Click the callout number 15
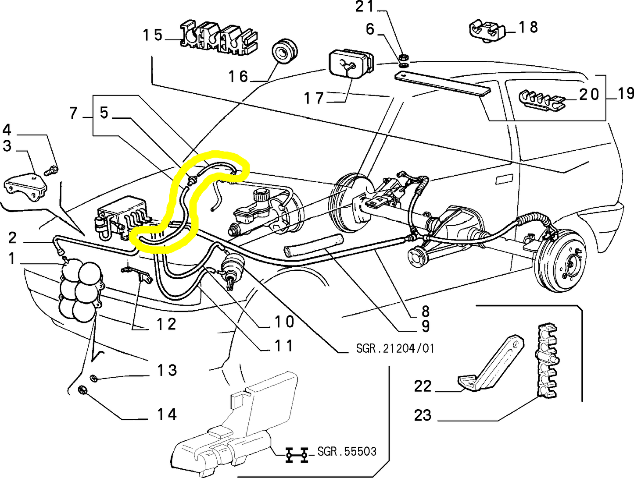153,35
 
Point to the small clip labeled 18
487,30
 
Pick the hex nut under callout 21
404,57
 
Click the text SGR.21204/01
395,348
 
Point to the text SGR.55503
347,451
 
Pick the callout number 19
625,93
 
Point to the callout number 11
283,346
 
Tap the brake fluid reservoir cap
261,194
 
